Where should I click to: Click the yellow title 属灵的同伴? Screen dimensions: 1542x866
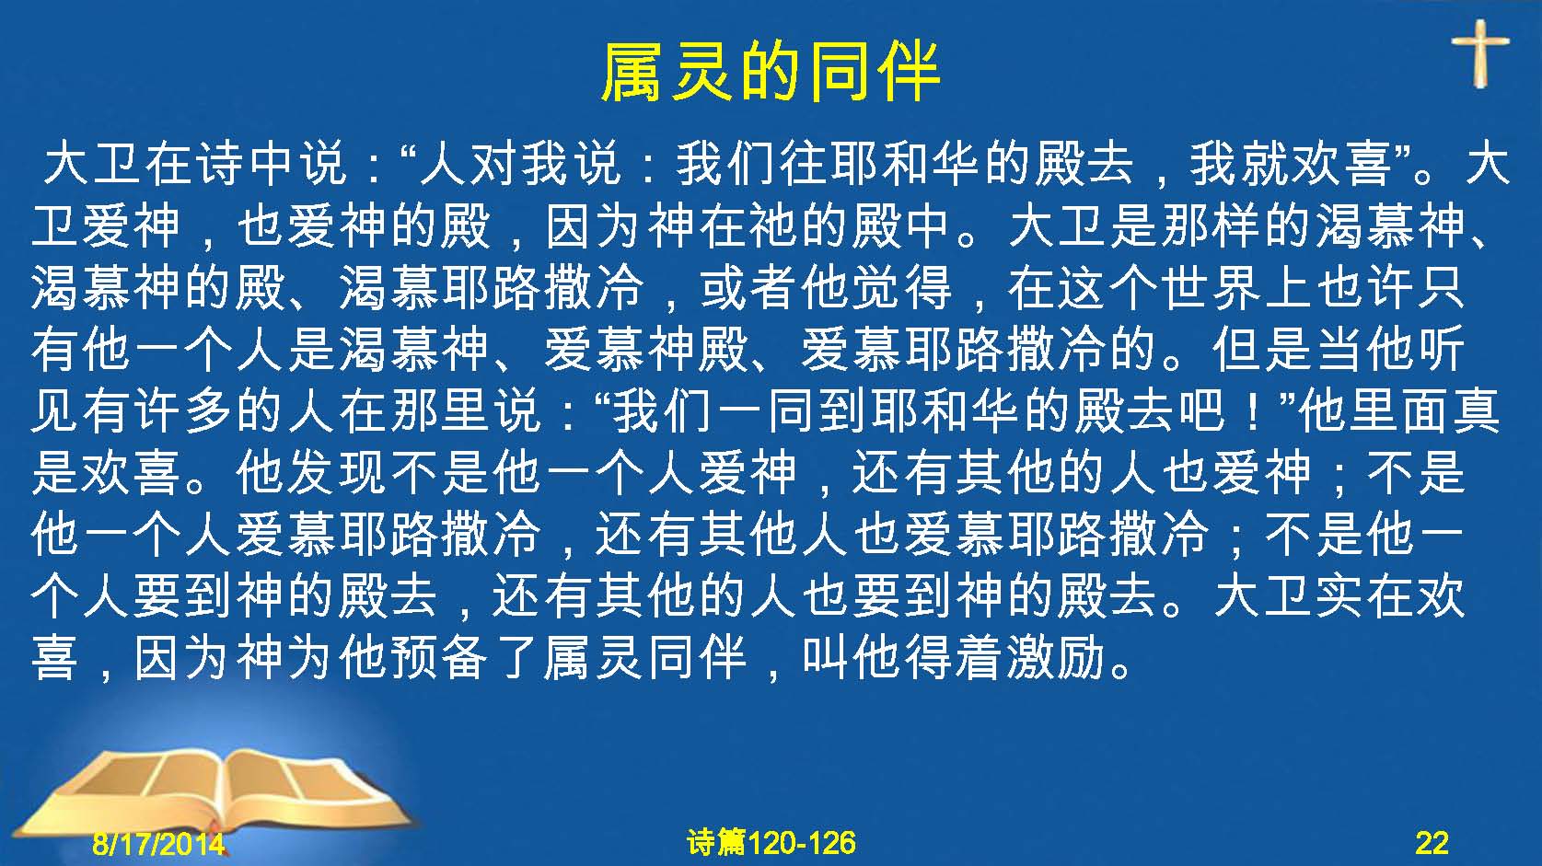771,73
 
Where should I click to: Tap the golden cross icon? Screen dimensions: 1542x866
1480,53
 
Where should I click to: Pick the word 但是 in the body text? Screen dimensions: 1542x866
1263,348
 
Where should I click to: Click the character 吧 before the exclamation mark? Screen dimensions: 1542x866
1201,410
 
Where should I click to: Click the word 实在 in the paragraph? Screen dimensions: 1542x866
1365,595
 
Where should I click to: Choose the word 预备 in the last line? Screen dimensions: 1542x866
441,656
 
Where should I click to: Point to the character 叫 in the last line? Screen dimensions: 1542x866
826,656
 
